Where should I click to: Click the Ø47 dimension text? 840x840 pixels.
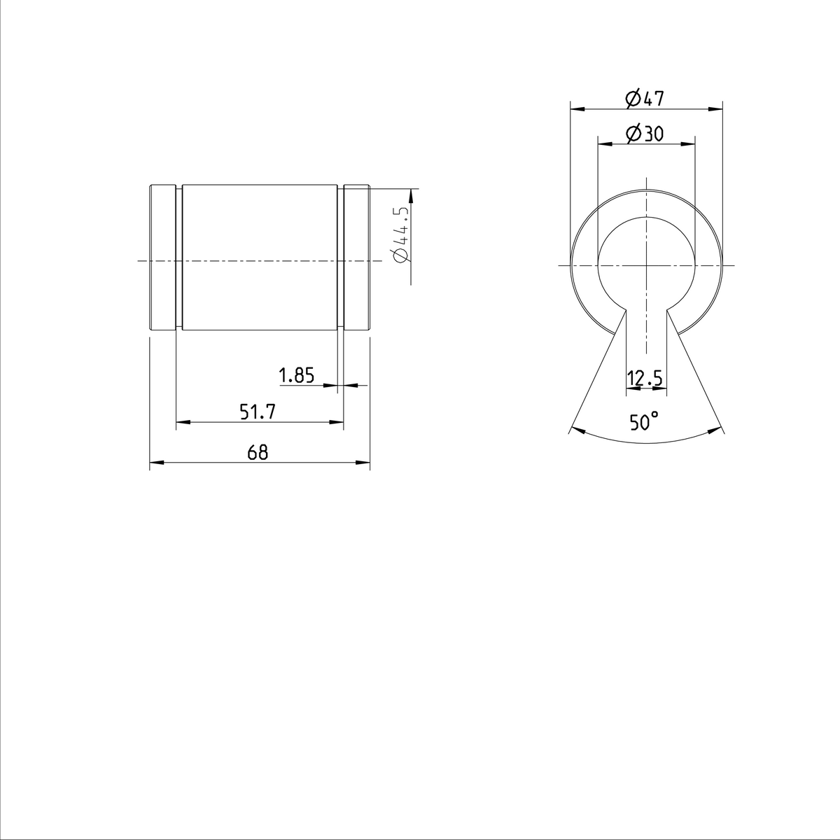pos(643,99)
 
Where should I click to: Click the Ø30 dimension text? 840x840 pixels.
pos(645,133)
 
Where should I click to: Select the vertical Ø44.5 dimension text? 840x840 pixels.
pos(402,234)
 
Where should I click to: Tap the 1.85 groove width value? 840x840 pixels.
pos(296,376)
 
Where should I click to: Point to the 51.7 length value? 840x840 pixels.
pos(258,413)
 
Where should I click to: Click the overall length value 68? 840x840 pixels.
pos(258,453)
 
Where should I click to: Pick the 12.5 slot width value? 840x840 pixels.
pos(645,379)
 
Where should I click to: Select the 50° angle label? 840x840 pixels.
pos(643,422)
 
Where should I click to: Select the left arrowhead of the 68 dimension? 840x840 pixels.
pos(156,463)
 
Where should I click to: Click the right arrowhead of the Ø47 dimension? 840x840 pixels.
pos(716,108)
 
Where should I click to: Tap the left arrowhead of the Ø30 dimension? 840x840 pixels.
pos(603,143)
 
